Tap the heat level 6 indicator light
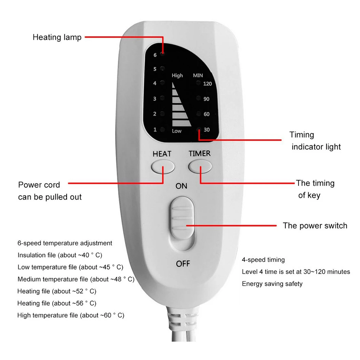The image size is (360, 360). point(163,55)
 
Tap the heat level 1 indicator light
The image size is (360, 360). point(163,130)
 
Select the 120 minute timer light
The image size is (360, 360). point(198,84)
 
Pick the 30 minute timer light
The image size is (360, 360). point(198,130)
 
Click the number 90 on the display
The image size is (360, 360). point(207,99)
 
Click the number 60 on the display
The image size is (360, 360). point(207,114)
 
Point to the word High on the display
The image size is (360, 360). point(177,76)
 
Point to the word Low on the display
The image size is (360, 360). point(177,131)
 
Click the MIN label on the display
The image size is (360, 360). point(198,76)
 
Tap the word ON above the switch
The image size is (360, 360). point(181,186)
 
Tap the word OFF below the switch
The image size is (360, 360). point(183,264)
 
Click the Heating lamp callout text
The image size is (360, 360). point(57,37)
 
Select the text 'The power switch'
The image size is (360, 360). point(315,226)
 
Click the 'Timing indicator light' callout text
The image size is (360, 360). point(315,141)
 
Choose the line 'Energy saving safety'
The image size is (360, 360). point(272,284)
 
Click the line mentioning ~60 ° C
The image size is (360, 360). point(71,315)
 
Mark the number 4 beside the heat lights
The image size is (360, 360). point(155,84)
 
